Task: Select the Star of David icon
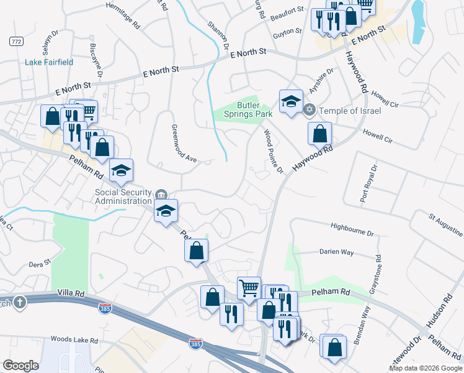pyautogui.click(x=310, y=111)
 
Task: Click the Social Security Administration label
pyautogui.click(x=123, y=196)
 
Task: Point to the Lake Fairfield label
pyautogui.click(x=49, y=62)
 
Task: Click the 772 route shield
pyautogui.click(x=16, y=41)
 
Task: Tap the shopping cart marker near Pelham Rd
pyautogui.click(x=249, y=288)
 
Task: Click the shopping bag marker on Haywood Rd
pyautogui.click(x=319, y=134)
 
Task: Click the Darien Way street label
pyautogui.click(x=336, y=253)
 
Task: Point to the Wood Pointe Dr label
pyautogui.click(x=273, y=152)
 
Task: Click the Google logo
pyautogui.click(x=20, y=366)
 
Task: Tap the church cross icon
pyautogui.click(x=20, y=303)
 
